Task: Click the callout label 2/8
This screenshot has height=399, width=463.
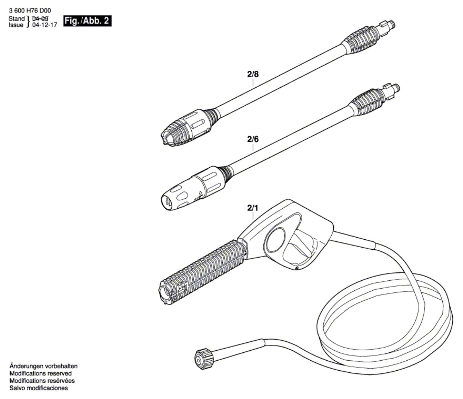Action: tap(253, 74)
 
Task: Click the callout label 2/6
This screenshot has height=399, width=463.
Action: tap(253, 139)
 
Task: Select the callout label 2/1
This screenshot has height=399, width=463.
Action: tap(253, 208)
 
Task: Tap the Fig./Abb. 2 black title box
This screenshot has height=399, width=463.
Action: tap(88, 21)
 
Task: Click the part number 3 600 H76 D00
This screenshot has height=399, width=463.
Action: tap(30, 11)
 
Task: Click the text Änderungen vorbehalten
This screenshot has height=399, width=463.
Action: tap(43, 366)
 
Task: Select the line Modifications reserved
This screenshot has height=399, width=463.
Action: tap(40, 374)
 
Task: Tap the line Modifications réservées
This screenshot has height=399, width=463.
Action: tap(42, 381)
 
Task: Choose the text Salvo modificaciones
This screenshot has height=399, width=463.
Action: tap(39, 388)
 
